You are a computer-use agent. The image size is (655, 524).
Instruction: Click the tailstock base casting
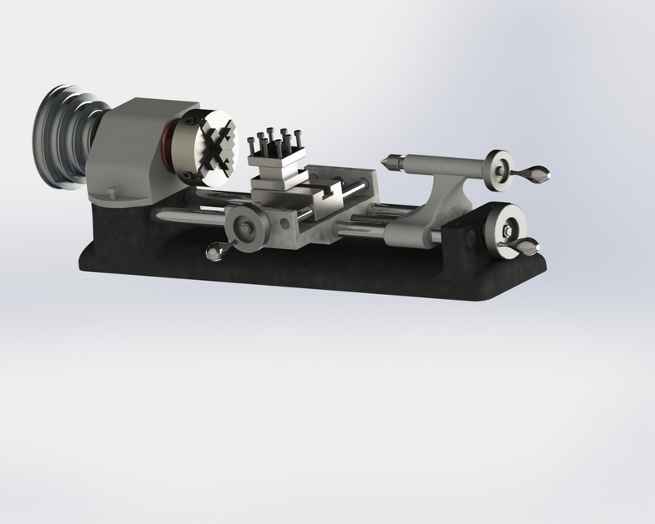418,221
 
